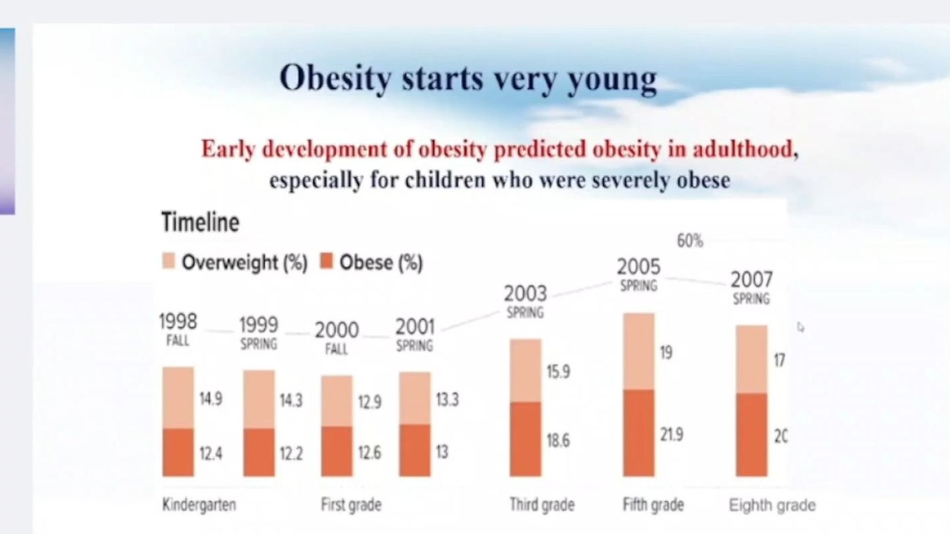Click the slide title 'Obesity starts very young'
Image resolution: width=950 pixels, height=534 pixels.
pos(468,78)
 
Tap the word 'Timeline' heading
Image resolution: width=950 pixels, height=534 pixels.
pos(200,222)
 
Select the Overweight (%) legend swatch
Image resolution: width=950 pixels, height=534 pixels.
pos(169,262)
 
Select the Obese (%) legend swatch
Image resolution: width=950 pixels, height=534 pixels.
pos(327,262)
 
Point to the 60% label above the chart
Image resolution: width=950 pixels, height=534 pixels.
pos(690,241)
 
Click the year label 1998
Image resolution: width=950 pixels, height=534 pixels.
pos(178,322)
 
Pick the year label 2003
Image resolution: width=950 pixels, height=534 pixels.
pos(525,293)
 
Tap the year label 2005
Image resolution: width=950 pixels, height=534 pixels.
pos(638,267)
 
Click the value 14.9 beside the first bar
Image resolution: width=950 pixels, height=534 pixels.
pos(211,399)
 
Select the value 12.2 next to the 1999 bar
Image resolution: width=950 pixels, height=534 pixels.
pos(291,454)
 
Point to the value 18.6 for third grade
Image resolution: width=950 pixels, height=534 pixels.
pos(559,441)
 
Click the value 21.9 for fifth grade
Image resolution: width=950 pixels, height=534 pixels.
pos(672,435)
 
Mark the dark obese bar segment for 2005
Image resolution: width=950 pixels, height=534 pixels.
pos(638,432)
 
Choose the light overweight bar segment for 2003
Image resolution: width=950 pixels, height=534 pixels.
pos(525,370)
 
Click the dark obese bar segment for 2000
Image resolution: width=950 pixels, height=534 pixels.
pos(337,451)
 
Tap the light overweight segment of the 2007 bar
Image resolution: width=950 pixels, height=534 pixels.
pos(751,359)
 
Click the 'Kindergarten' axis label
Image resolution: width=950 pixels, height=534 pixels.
pos(199,505)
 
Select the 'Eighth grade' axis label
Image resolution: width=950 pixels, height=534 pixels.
pos(772,505)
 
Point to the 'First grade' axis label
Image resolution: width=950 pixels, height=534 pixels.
pos(351,505)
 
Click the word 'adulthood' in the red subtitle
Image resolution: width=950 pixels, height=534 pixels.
pos(743,149)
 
